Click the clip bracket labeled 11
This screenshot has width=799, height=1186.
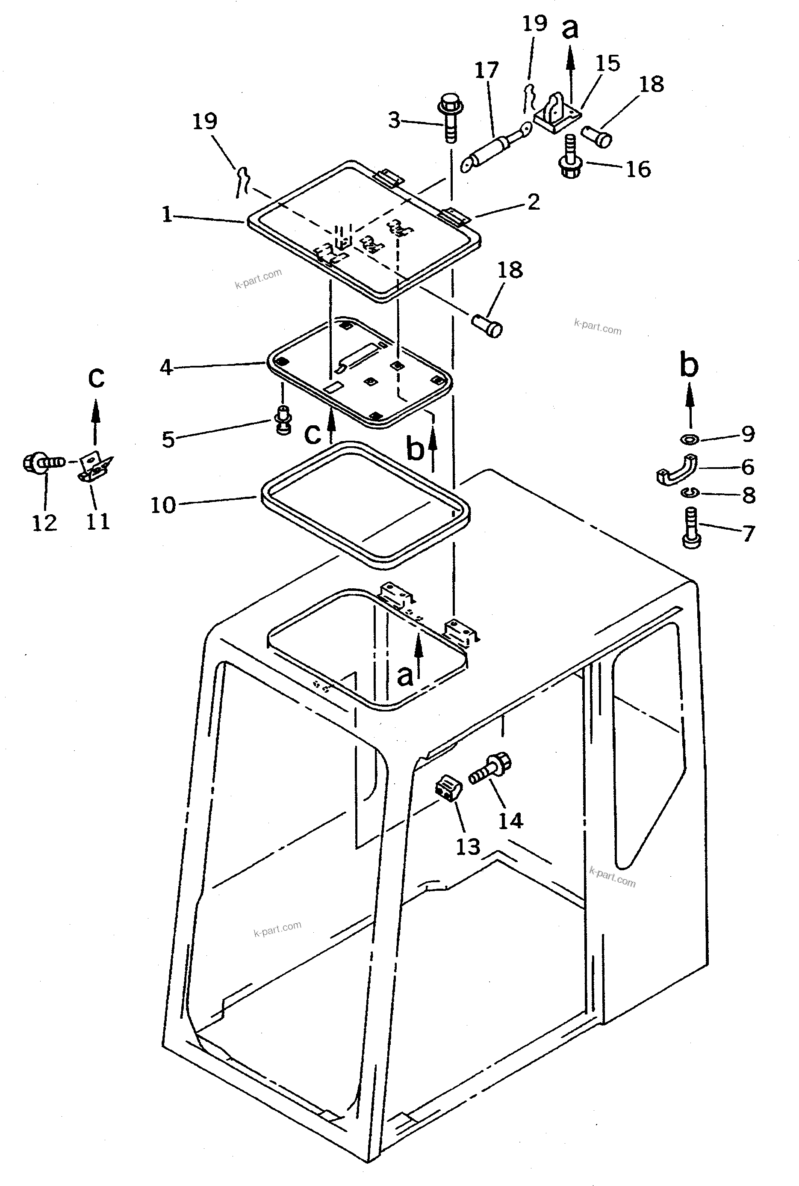tap(95, 466)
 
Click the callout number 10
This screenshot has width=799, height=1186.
tap(162, 505)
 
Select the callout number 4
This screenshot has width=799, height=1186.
tap(167, 367)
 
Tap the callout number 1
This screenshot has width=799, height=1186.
tap(167, 215)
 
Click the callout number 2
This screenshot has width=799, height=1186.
tap(533, 202)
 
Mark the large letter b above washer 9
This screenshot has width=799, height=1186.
tap(689, 365)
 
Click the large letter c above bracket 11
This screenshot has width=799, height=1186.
tap(96, 378)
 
